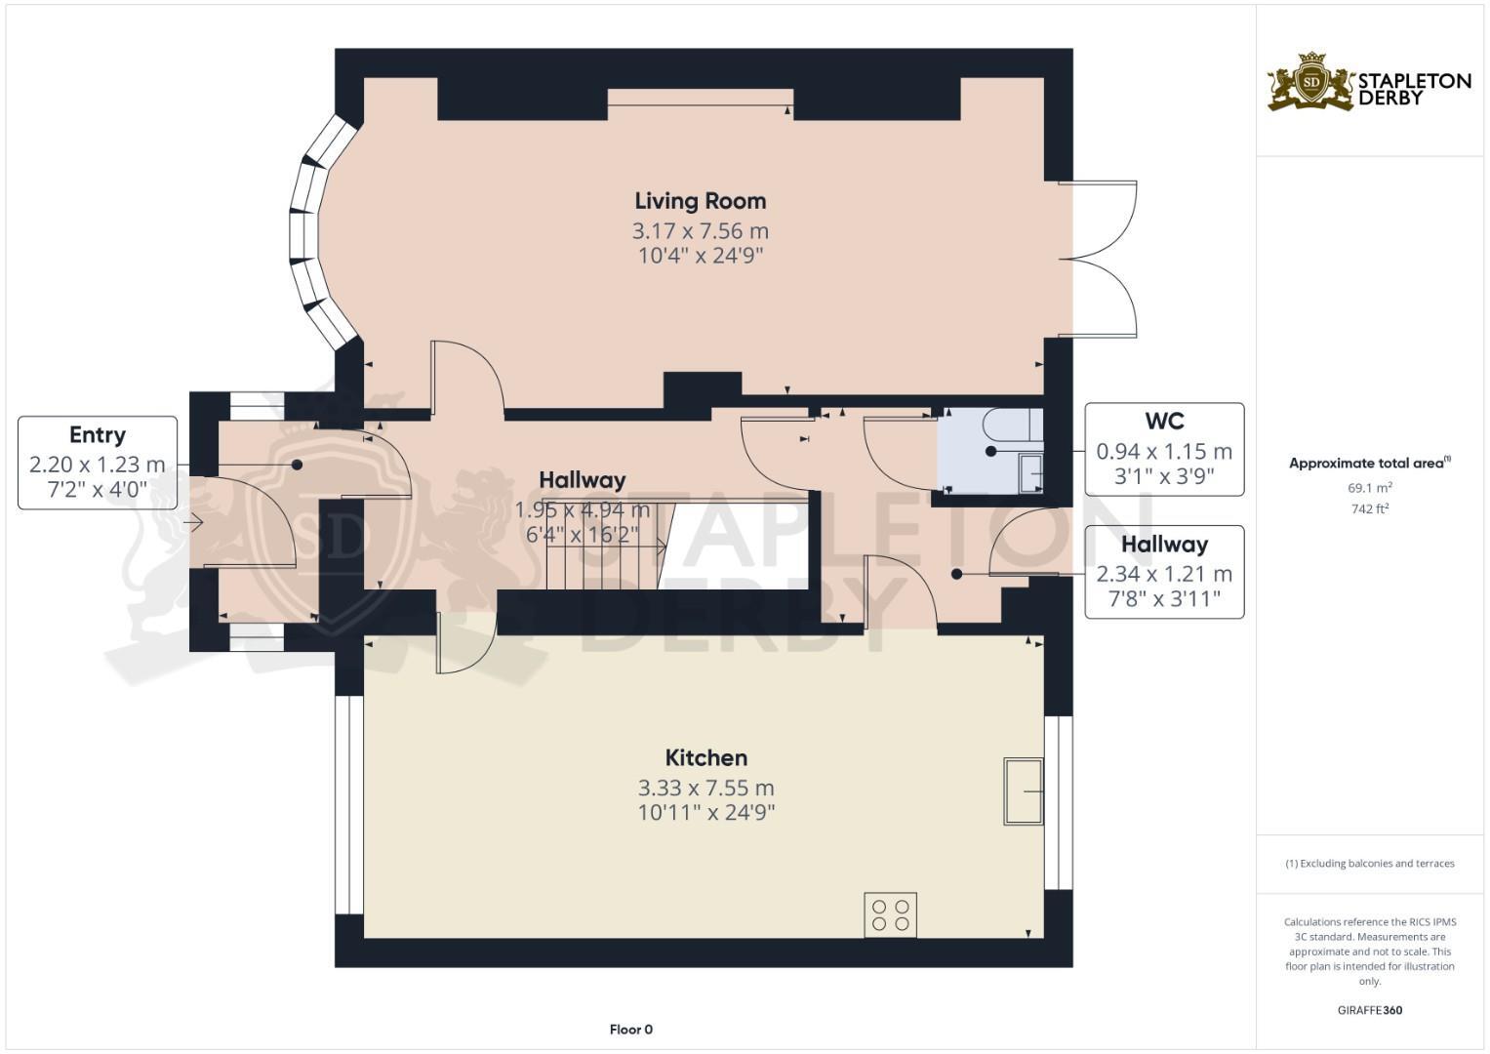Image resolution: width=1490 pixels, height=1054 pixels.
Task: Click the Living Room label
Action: tap(700, 201)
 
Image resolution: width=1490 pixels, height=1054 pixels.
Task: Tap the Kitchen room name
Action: tap(705, 757)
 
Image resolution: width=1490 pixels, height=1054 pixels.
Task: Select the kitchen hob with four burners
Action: tap(890, 914)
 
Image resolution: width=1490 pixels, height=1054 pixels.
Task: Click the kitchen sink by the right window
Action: tap(1023, 790)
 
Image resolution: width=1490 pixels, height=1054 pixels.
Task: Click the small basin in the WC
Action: tap(1030, 472)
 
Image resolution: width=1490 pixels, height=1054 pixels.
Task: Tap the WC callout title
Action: tap(1164, 422)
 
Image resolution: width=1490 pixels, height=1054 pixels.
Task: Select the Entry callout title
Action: tap(97, 435)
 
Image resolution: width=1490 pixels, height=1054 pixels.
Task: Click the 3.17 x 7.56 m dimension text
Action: tap(700, 231)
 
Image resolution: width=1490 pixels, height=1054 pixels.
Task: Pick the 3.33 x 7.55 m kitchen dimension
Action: tap(705, 788)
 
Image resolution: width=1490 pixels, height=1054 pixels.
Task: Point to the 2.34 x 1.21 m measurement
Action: tap(1164, 574)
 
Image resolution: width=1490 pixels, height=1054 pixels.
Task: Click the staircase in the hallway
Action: tap(605, 547)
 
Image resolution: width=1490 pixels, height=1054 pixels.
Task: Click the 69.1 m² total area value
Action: tap(1369, 488)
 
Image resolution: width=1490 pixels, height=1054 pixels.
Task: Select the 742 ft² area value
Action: tap(1369, 508)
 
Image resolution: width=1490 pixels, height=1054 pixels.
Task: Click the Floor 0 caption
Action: tap(630, 1030)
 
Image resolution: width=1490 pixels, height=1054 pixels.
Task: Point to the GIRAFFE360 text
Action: tap(1369, 1010)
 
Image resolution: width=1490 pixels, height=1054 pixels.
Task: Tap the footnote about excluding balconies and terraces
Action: tap(1369, 864)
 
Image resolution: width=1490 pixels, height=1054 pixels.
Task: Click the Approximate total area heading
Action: tap(1369, 464)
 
